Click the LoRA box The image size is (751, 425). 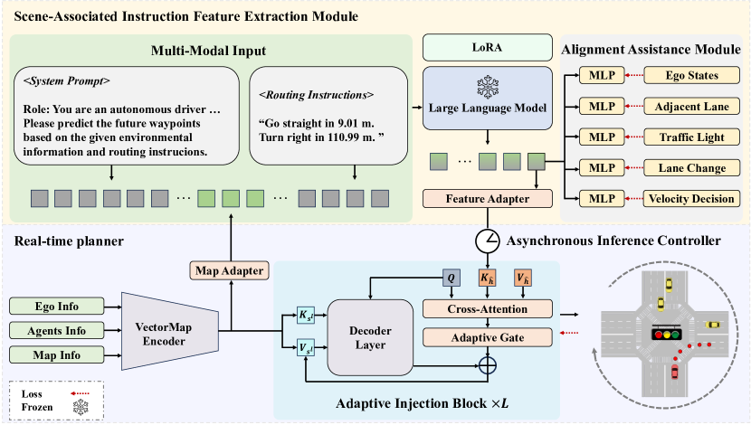(x=487, y=45)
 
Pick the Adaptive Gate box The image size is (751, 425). (x=488, y=337)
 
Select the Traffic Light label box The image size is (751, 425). (x=692, y=137)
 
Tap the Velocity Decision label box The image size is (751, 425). (x=692, y=198)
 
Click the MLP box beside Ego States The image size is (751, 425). (x=602, y=75)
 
